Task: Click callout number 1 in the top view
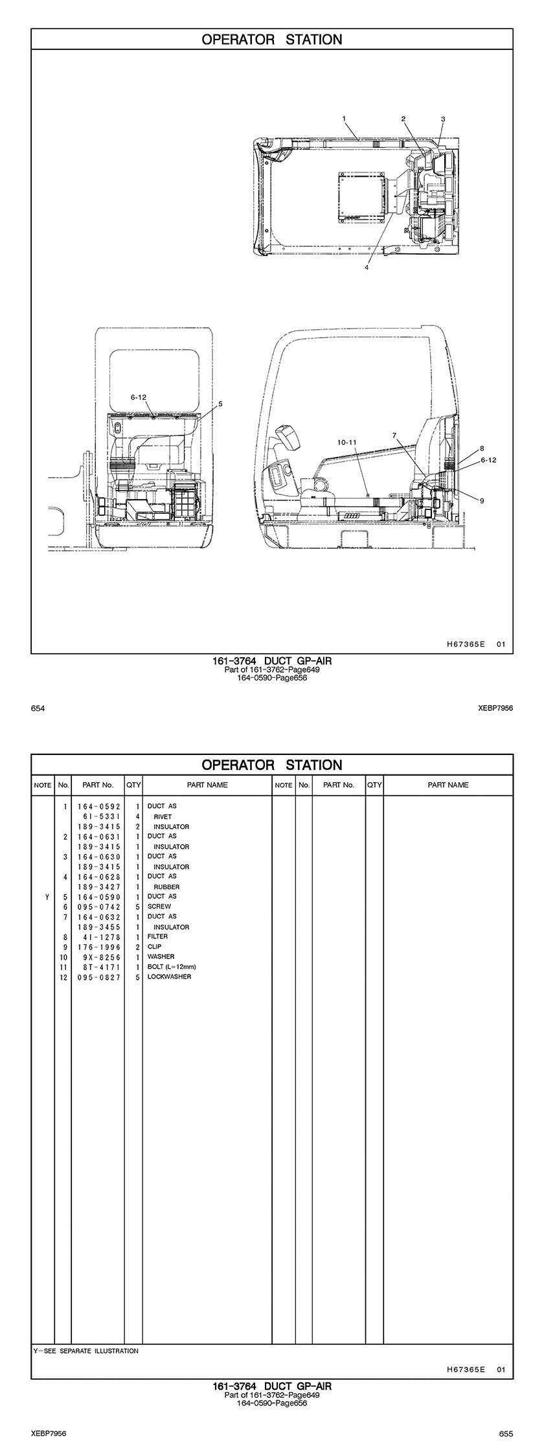(345, 119)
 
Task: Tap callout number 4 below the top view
(367, 268)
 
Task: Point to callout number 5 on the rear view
(220, 403)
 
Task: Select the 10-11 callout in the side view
(347, 442)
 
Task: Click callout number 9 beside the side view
(482, 500)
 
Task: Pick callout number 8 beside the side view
(482, 448)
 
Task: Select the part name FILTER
(157, 936)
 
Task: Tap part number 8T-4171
(98, 967)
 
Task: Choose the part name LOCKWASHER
(169, 977)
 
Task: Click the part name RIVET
(163, 817)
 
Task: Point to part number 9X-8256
(98, 957)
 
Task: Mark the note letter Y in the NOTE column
(47, 897)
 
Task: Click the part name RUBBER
(166, 887)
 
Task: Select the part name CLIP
(155, 947)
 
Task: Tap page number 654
(38, 708)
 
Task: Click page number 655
(506, 1433)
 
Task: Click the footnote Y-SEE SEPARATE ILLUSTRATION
(86, 1346)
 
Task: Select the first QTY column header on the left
(133, 785)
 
